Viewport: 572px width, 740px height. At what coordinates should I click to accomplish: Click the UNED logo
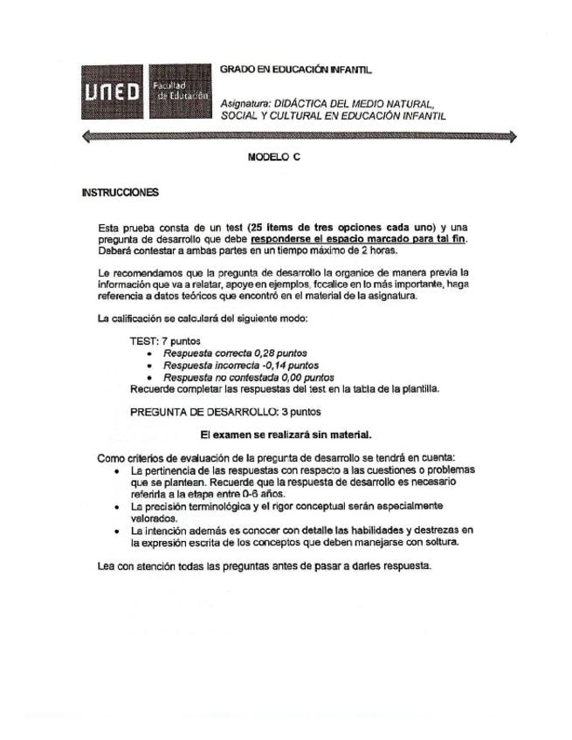[113, 92]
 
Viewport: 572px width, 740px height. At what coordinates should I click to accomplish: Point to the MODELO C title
[274, 159]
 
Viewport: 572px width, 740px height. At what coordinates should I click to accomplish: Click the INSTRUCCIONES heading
[120, 191]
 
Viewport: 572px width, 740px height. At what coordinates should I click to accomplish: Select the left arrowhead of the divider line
[86, 136]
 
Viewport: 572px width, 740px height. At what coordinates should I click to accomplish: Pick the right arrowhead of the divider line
[512, 136]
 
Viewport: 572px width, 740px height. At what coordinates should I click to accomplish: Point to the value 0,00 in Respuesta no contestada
[275, 378]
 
